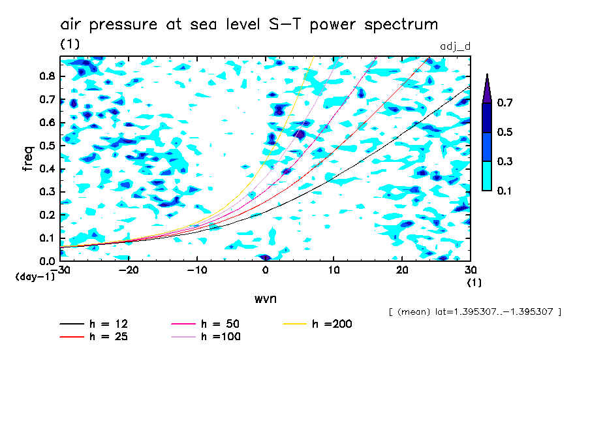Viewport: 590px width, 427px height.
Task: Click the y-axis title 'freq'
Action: tap(27, 159)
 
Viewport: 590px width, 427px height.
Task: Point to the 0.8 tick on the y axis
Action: tap(46, 76)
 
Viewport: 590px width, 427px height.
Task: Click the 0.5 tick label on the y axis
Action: tap(46, 146)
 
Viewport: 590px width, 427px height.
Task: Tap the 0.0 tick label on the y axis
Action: tap(46, 261)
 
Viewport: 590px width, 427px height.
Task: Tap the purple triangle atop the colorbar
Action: tap(487, 88)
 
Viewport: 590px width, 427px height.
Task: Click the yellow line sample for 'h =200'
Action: tap(296, 324)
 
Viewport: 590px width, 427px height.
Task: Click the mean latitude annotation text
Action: tap(474, 312)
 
